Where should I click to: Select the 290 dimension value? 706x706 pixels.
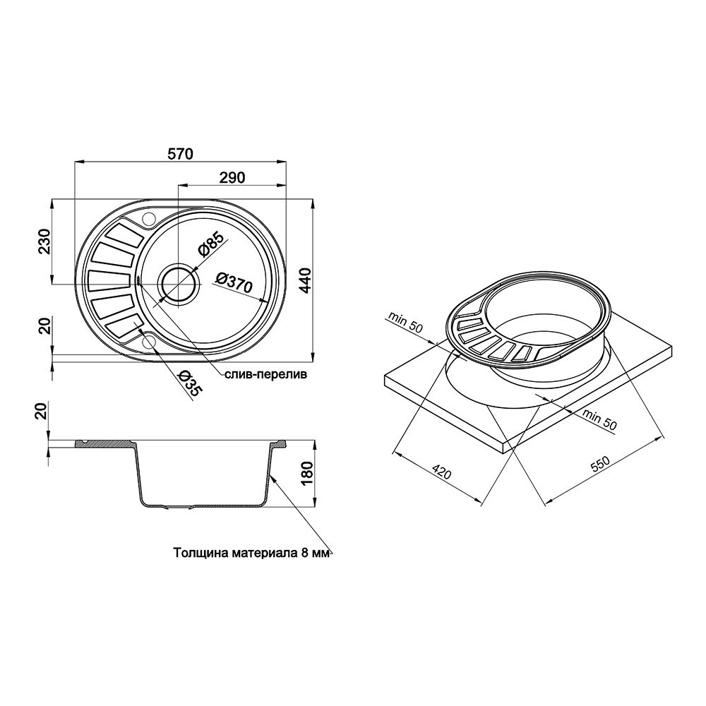click(232, 178)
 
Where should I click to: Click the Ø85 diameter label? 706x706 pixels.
click(210, 243)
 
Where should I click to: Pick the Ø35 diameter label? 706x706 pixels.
click(188, 385)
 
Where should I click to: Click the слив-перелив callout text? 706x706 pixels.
click(267, 376)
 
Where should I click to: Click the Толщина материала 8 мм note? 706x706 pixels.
click(251, 554)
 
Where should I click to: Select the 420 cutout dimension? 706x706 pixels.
click(441, 473)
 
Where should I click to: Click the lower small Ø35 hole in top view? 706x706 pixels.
click(149, 342)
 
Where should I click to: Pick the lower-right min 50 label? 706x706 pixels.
click(599, 420)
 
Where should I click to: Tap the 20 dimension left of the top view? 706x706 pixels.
click(44, 326)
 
